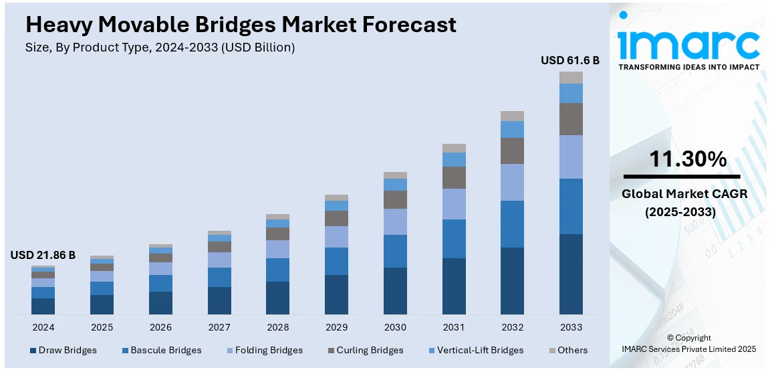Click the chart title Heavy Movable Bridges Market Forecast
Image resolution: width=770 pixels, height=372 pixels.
click(x=241, y=25)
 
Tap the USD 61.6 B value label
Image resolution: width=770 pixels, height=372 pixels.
click(x=570, y=60)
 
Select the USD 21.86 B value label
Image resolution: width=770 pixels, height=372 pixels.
click(x=43, y=255)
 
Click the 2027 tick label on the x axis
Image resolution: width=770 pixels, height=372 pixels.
click(x=219, y=327)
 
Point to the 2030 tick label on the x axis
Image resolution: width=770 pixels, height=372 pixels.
click(x=395, y=327)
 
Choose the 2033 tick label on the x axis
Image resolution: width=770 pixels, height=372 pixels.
click(x=571, y=327)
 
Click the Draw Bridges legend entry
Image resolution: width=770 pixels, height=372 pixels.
click(x=63, y=350)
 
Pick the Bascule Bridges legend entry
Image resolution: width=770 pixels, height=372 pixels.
click(x=160, y=350)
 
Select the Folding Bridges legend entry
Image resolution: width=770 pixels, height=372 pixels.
click(x=265, y=350)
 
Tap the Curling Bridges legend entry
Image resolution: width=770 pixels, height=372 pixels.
click(x=364, y=350)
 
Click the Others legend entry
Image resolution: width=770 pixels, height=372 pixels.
click(x=567, y=350)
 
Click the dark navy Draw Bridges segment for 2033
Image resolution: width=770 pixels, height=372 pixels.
click(x=571, y=274)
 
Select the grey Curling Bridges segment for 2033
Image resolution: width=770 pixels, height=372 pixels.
click(x=571, y=119)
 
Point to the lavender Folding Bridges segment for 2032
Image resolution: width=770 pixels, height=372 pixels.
click(x=512, y=182)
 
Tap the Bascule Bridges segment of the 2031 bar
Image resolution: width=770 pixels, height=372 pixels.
click(x=454, y=239)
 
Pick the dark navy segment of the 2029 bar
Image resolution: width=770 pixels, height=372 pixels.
click(x=336, y=294)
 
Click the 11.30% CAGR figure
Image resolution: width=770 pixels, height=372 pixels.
click(x=688, y=159)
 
